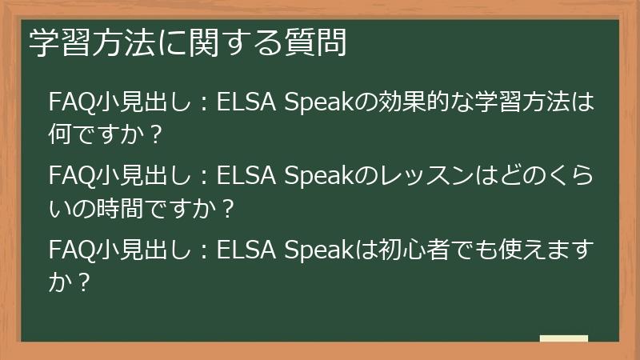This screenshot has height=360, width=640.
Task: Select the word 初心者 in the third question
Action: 410,251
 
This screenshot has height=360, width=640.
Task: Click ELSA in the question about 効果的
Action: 244,104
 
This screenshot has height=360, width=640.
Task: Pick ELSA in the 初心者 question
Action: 244,251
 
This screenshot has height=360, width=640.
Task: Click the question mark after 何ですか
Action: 157,134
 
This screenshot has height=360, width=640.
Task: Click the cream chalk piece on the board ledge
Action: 564,338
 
